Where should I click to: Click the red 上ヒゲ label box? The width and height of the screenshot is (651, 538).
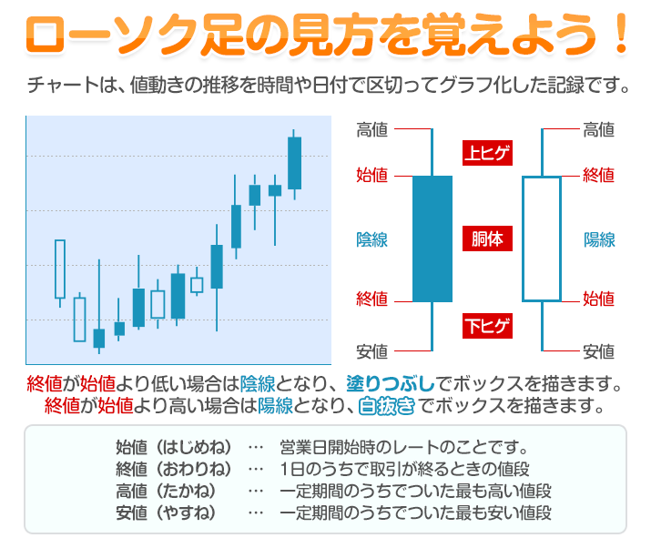click(x=487, y=152)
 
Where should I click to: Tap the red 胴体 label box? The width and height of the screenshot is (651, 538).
click(x=487, y=240)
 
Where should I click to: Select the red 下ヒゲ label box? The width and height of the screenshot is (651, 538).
click(x=487, y=325)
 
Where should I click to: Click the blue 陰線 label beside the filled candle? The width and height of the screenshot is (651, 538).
click(x=372, y=240)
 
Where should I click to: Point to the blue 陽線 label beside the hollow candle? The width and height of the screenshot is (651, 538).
click(x=599, y=240)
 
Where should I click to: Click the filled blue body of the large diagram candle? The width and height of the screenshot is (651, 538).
click(x=432, y=239)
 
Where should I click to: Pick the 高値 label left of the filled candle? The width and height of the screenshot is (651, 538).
click(x=372, y=130)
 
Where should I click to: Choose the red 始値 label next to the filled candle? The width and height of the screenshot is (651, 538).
click(x=372, y=175)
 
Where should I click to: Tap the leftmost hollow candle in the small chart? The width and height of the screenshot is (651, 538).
click(x=60, y=269)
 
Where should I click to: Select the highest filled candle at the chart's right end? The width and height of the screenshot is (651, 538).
click(x=294, y=163)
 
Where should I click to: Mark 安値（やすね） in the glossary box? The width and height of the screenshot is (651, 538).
click(x=168, y=513)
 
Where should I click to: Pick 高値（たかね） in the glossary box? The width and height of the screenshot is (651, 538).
click(x=168, y=491)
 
